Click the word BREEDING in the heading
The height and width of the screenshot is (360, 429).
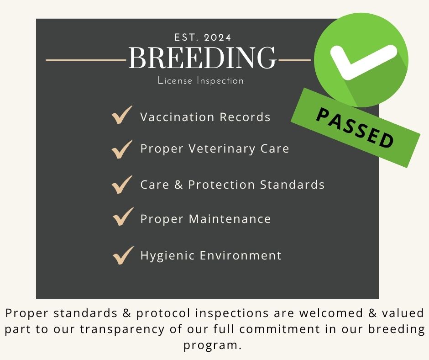click(x=202, y=58)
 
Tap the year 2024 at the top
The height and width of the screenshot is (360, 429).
click(x=218, y=37)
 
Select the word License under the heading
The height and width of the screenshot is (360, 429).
click(x=175, y=80)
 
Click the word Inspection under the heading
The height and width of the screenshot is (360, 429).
click(x=220, y=81)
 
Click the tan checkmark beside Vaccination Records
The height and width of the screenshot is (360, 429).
click(x=122, y=115)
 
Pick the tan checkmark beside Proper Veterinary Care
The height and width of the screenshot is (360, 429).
click(x=122, y=149)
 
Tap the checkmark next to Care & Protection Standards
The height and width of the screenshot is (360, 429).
click(x=122, y=185)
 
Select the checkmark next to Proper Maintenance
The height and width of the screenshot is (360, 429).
click(x=123, y=217)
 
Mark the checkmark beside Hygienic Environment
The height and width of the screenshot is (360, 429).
click(x=123, y=256)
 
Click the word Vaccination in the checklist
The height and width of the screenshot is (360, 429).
click(x=177, y=117)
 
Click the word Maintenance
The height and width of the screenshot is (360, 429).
click(x=230, y=219)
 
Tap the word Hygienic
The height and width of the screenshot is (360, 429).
click(x=168, y=256)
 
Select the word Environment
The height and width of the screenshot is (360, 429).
click(x=241, y=255)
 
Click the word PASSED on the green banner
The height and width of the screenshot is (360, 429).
click(x=356, y=128)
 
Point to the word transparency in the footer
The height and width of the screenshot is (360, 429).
click(x=122, y=329)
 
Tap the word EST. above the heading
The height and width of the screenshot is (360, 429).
click(x=186, y=37)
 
